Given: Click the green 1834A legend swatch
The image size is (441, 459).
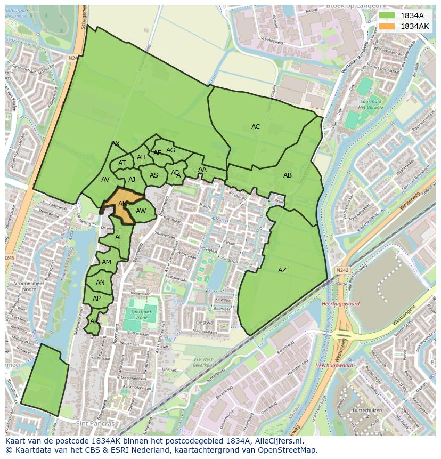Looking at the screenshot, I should (387, 15).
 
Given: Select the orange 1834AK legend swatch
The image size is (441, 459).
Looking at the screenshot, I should (387, 26).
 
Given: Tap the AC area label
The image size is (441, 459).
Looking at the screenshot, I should (256, 127).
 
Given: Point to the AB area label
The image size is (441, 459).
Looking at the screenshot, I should (288, 175).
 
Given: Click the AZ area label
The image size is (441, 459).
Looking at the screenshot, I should (282, 270).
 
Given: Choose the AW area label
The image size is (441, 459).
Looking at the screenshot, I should (141, 211).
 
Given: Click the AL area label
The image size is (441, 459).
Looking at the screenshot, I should (119, 237).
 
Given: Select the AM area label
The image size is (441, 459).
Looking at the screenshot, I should (107, 262).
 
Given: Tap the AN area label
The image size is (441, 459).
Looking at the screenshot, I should (100, 283).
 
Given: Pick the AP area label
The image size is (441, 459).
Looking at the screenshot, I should (96, 299).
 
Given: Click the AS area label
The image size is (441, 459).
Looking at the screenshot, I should (154, 175).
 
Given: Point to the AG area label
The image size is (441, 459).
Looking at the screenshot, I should (170, 150).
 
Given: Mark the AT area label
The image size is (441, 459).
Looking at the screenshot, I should (122, 163).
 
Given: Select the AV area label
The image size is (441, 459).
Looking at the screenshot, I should (105, 180).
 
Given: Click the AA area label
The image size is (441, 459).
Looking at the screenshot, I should (202, 170).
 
